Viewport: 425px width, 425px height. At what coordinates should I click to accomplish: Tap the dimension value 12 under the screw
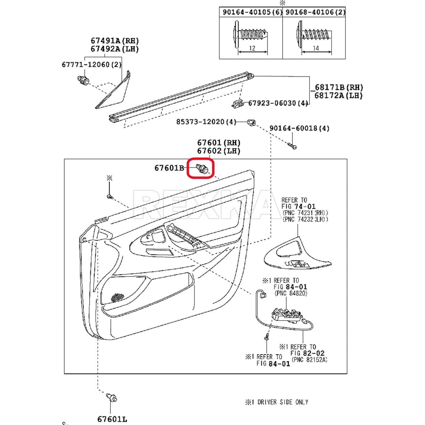tap(252, 48)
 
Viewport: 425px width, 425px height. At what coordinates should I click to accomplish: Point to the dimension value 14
tap(316, 48)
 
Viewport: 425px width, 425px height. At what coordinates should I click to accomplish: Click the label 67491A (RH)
tap(115, 41)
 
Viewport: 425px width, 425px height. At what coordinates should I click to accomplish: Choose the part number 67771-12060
tap(86, 65)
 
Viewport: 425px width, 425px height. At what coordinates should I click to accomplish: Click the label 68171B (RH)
tap(339, 87)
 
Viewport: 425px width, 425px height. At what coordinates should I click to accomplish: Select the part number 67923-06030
tap(272, 103)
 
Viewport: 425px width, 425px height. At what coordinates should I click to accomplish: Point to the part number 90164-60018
tap(294, 128)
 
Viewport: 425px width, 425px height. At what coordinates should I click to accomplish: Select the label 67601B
tap(169, 168)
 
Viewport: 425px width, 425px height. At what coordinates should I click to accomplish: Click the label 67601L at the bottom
tap(112, 419)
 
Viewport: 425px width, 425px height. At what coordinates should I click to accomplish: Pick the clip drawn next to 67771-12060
tap(83, 80)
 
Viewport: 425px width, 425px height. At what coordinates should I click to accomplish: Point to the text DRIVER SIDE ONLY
tap(283, 402)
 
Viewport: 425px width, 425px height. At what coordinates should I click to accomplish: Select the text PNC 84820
tap(291, 293)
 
